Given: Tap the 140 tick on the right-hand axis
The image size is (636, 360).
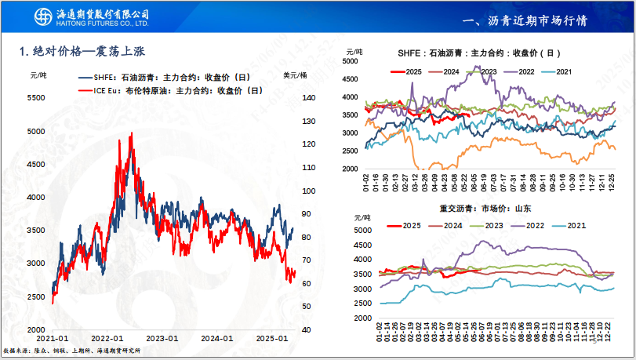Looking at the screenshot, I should pos(308,98).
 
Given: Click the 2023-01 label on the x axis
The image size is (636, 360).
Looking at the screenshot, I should pos(162,338).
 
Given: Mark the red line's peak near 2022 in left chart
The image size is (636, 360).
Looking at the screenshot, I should pos(130,134).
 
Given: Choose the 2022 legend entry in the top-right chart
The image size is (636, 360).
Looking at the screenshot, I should pos(530,72).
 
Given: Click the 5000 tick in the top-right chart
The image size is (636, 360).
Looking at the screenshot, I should pos(351,60).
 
